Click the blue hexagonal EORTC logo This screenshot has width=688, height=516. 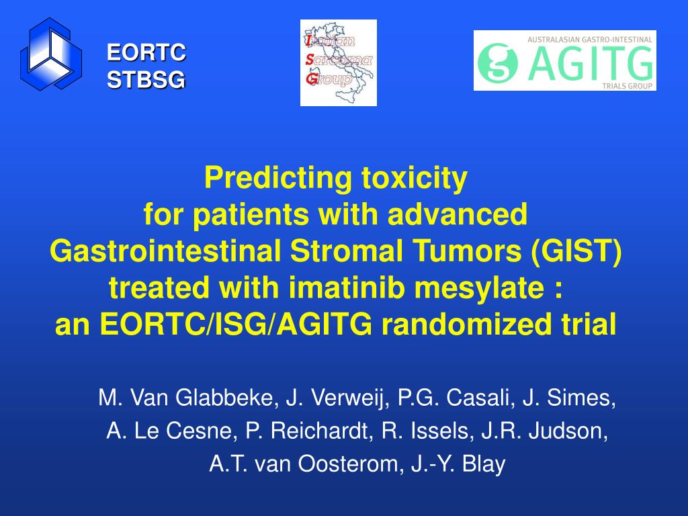pos(51,54)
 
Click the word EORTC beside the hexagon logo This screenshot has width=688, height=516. pos(146,52)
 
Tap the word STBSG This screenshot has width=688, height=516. pos(146,80)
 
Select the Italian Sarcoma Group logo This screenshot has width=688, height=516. pos(339,62)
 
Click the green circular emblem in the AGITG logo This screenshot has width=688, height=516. pos(498,62)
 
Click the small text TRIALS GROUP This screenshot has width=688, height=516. pos(627,86)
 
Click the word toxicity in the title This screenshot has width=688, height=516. pos(414,178)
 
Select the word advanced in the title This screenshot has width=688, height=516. pos(457,214)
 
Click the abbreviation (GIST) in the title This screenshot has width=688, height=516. pos(576,251)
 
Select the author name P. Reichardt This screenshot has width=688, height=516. pos(310,431)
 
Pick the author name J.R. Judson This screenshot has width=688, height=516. pos(544,431)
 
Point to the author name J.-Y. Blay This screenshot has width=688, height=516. pos(458,464)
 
